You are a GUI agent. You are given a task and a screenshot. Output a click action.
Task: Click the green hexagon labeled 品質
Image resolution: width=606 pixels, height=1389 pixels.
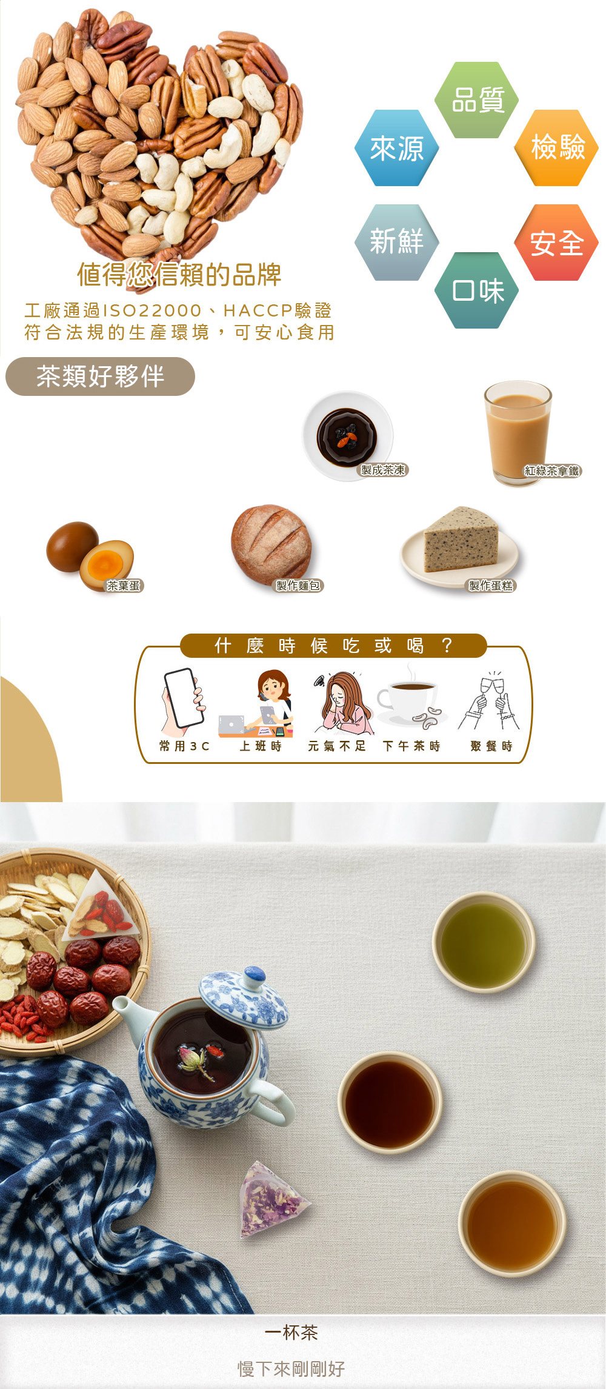coord(477,100)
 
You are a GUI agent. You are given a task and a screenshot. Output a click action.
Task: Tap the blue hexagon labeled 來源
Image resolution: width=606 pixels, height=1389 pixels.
coord(397,148)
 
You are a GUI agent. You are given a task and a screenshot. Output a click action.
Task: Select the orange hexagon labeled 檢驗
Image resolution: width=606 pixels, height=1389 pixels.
coord(556,148)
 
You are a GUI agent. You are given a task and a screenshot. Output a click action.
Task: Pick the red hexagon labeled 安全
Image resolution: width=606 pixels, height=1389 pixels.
coord(556,243)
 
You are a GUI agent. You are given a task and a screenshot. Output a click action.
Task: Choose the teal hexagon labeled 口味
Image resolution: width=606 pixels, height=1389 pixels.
coord(477,290)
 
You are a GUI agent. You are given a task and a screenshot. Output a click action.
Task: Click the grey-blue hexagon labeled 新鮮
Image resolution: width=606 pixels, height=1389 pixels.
coord(397,243)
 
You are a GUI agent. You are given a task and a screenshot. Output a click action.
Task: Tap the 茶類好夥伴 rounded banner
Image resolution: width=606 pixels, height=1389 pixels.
coord(100,377)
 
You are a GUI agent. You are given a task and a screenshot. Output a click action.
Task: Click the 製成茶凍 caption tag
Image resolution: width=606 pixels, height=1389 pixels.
coord(384,470)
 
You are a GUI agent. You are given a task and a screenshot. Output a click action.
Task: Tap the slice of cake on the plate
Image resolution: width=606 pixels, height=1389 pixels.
coord(461,540)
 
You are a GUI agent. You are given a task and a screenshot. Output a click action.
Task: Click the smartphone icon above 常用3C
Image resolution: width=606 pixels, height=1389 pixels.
coord(184,698)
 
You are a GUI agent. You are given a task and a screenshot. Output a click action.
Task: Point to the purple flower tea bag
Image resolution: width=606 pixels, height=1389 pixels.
coord(271,1199)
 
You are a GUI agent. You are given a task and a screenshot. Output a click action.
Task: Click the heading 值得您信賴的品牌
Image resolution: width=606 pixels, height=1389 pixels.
coord(179,275)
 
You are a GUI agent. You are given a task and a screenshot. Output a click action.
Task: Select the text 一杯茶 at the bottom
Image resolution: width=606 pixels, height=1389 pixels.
coord(291,1333)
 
